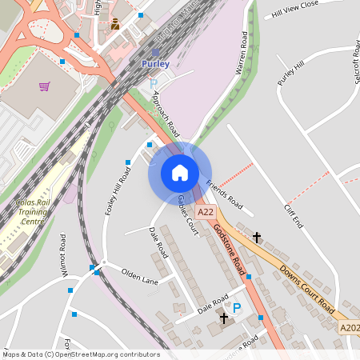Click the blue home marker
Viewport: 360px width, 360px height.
click(x=180, y=172)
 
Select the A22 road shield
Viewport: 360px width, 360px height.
click(x=206, y=212)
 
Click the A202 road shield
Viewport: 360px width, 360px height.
click(x=349, y=327)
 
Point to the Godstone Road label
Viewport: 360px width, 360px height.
click(x=229, y=244)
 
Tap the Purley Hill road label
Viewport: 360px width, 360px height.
click(x=290, y=73)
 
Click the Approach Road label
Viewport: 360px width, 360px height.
click(x=166, y=114)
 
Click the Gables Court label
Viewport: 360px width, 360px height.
click(x=187, y=214)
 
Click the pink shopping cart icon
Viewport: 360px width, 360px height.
click(x=44, y=86)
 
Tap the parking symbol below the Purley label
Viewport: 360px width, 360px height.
click(x=154, y=83)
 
